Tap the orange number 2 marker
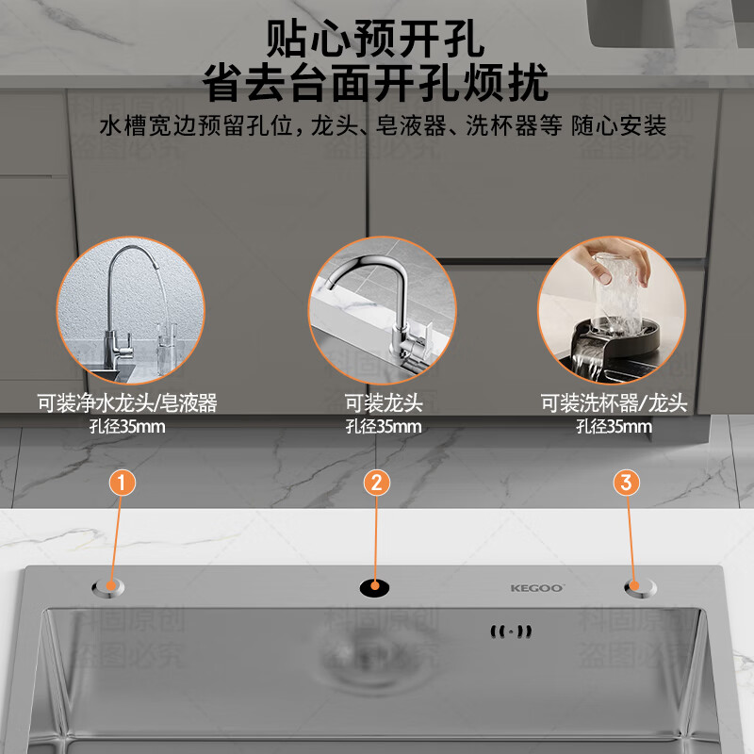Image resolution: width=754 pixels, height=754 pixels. (x=376, y=483)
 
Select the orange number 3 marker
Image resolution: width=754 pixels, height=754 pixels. (x=628, y=483)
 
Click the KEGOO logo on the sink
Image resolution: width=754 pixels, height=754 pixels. (x=537, y=588)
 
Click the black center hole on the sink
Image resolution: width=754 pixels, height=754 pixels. (x=374, y=588)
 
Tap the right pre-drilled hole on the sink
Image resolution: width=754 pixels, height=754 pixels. (x=640, y=588)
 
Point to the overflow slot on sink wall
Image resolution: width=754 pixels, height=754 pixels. (x=511, y=631)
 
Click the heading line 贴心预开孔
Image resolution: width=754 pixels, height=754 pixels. (x=375, y=41)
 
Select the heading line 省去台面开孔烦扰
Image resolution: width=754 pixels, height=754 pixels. (x=375, y=85)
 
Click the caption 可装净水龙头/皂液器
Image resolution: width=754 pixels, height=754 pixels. (x=127, y=403)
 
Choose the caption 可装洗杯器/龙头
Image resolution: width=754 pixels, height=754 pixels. (x=614, y=403)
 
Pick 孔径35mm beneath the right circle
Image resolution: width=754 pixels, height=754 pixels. (x=614, y=426)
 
